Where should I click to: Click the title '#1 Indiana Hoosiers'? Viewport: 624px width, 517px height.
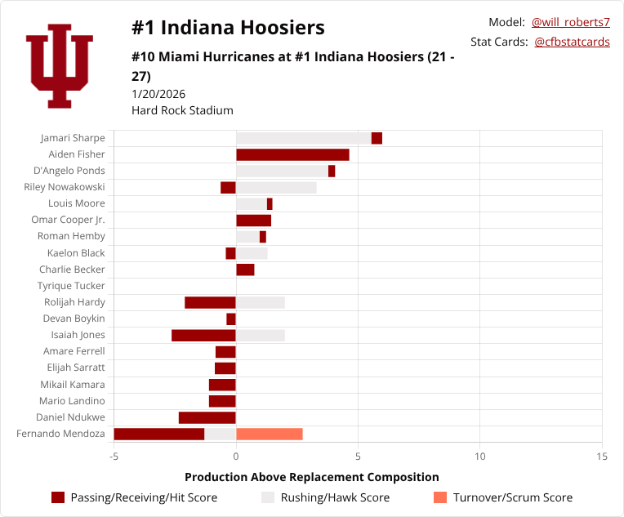click(x=228, y=28)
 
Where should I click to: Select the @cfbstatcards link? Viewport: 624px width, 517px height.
click(x=572, y=42)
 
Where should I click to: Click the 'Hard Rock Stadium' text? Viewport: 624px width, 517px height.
click(x=182, y=110)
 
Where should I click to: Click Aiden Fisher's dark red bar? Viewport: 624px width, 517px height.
click(x=292, y=154)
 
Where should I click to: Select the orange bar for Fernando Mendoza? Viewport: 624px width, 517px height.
click(x=269, y=434)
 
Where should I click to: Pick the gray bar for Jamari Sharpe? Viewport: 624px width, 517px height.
click(x=303, y=138)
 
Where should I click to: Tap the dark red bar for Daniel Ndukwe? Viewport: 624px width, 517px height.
click(x=207, y=417)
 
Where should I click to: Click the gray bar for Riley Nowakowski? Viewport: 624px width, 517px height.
click(x=276, y=187)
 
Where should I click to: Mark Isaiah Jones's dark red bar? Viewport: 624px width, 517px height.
click(x=203, y=335)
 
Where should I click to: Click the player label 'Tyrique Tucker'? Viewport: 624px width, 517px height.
click(x=71, y=286)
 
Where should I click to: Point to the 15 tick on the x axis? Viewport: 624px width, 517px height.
click(x=602, y=456)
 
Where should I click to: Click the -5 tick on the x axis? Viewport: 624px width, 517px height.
click(x=114, y=456)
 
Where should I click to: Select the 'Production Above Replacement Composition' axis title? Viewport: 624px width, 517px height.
click(x=311, y=477)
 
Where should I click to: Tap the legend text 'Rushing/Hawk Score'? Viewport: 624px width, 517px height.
click(x=335, y=497)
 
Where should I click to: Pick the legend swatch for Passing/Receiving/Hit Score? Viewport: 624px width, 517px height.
click(x=58, y=497)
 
